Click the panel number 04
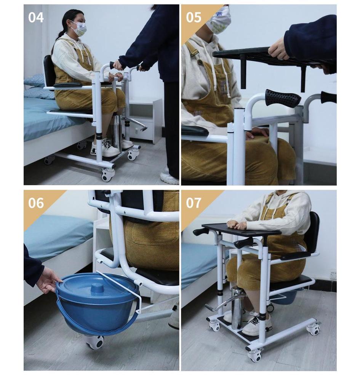(x=36, y=17)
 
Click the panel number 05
(x=194, y=17)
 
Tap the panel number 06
(x=36, y=203)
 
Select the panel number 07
(x=194, y=203)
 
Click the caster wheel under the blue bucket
(x=94, y=342)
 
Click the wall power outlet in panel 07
(x=333, y=275)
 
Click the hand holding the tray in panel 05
(x=279, y=49)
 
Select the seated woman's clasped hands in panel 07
(x=237, y=225)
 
